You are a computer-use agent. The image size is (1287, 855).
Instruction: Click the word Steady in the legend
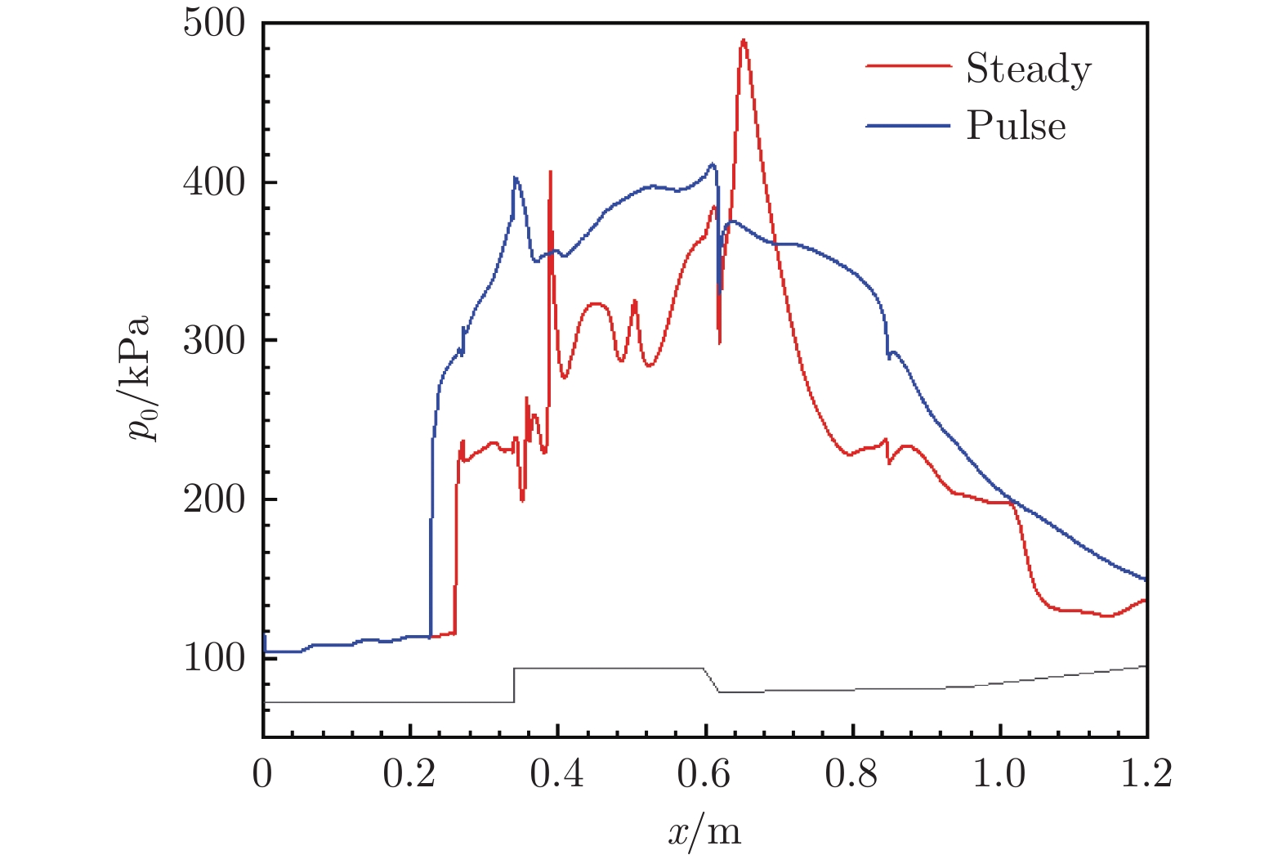pos(1028,69)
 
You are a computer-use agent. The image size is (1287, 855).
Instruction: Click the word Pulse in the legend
pos(1016,126)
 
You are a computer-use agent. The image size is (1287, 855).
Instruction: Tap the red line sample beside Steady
pos(908,66)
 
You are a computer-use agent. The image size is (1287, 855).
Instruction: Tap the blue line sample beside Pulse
pos(908,126)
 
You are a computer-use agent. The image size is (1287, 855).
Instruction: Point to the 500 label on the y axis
pos(213,23)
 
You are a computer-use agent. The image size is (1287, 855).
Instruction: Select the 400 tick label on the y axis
pos(213,181)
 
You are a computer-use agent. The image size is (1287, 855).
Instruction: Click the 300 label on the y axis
pos(213,340)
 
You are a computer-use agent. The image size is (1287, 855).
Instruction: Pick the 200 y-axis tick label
pos(213,499)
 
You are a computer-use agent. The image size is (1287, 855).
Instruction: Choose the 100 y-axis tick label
pos(213,657)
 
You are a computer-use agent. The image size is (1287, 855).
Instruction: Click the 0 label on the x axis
pos(262,773)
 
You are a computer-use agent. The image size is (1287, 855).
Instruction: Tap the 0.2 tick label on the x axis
pos(409,773)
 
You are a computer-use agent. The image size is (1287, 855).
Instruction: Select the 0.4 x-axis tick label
pos(556,773)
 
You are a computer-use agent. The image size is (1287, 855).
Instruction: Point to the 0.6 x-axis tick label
pos(704,773)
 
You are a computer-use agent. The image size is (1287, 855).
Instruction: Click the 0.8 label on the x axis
pos(851,773)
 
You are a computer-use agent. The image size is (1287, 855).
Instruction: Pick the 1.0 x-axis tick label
pos(999,773)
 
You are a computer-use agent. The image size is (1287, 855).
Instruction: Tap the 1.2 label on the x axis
pos(1146,773)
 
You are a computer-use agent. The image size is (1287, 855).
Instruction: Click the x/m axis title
pos(704,830)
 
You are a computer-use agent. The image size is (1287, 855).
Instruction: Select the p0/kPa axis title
pos(139,378)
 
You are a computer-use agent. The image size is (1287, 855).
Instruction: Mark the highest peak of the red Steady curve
pos(743,40)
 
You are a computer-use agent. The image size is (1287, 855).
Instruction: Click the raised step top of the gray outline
pos(609,668)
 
